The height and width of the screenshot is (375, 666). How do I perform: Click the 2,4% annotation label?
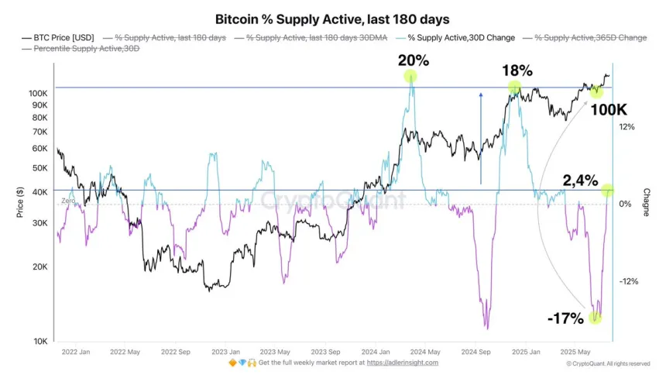tap(581, 181)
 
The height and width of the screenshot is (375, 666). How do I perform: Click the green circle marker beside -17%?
tap(596, 317)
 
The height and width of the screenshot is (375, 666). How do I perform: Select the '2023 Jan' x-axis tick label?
tap(225, 351)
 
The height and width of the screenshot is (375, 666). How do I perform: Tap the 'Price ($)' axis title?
tap(20, 202)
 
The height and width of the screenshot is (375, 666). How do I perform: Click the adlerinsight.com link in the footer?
tap(402, 363)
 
